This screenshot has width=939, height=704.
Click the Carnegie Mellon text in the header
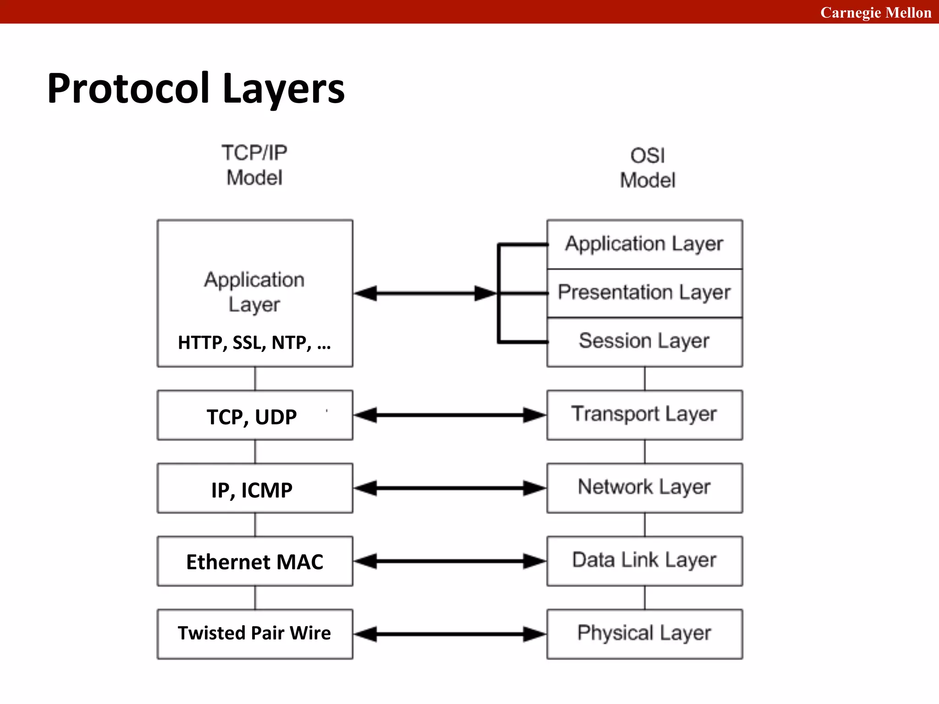[x=875, y=12]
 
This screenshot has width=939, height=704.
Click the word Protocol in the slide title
[x=128, y=88]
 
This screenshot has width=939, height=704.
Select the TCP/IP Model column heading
[x=254, y=165]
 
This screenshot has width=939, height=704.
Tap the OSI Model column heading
[x=647, y=168]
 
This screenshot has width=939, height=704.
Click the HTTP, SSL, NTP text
[x=254, y=342]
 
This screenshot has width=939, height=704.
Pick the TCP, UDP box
[x=254, y=415]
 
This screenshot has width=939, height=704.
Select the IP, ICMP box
[x=254, y=489]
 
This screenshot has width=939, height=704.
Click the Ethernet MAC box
[x=254, y=561]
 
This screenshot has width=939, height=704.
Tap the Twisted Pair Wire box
[x=254, y=634]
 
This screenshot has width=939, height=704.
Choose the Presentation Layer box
[x=644, y=293]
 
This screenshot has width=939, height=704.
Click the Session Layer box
[x=644, y=341]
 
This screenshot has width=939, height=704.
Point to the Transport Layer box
[x=644, y=415]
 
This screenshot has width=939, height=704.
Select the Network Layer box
[x=644, y=488]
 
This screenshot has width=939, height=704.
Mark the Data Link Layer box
[x=644, y=561]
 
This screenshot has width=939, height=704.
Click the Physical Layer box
[x=644, y=634]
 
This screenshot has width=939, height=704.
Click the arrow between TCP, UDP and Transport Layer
[x=449, y=415]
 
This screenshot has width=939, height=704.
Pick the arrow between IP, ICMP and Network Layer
[x=449, y=488]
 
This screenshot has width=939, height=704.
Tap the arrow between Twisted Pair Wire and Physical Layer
[x=449, y=634]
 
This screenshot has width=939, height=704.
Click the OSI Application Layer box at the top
[x=644, y=244]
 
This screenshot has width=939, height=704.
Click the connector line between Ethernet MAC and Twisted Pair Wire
[x=255, y=598]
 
